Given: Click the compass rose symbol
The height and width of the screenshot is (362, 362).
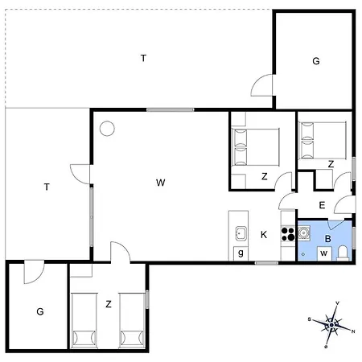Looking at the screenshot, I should pos(331,324).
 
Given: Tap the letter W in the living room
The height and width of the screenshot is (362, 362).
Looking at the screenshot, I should pos(161,183).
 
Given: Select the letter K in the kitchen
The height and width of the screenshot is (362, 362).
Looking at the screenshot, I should pos(263,235).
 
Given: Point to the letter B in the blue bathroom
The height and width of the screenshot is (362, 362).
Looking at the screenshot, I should pos(328,238).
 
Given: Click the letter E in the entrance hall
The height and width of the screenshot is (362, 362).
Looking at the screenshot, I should pos(322,205).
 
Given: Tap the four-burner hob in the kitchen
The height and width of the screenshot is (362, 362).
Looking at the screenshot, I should pos(287,234).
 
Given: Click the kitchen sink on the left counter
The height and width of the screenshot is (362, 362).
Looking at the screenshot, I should pos(240,234).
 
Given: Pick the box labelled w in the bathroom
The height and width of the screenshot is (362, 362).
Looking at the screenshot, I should pos(323,253).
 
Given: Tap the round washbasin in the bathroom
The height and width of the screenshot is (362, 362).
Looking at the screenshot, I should pos(304,234).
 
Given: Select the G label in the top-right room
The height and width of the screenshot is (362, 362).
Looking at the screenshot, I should pos(316,61).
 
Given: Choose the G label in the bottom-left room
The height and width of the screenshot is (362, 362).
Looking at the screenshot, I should pos(39,311).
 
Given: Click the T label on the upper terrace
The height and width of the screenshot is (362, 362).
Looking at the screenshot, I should pos(143,58).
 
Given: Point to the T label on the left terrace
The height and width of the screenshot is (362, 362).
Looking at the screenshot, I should pos(47,187).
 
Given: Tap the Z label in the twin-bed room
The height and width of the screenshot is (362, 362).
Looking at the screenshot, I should pos(108,303).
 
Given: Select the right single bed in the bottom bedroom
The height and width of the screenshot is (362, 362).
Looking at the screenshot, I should pos(131,319).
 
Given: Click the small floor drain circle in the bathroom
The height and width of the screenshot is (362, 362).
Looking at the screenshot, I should pos(302,253).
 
